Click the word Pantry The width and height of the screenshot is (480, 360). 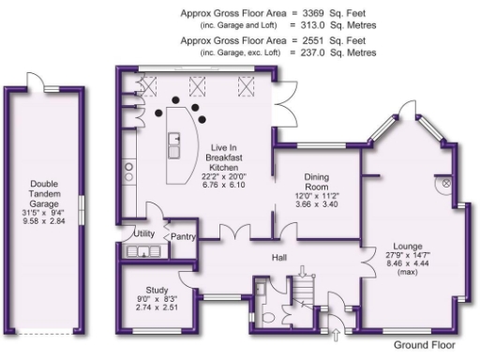[184, 237]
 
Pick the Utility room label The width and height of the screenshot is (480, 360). [143, 232]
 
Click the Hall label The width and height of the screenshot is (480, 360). [278, 257]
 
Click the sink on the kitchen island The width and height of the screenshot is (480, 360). [174, 143]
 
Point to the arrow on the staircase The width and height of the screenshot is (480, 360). [301, 273]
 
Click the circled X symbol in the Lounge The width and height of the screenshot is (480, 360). [444, 184]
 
